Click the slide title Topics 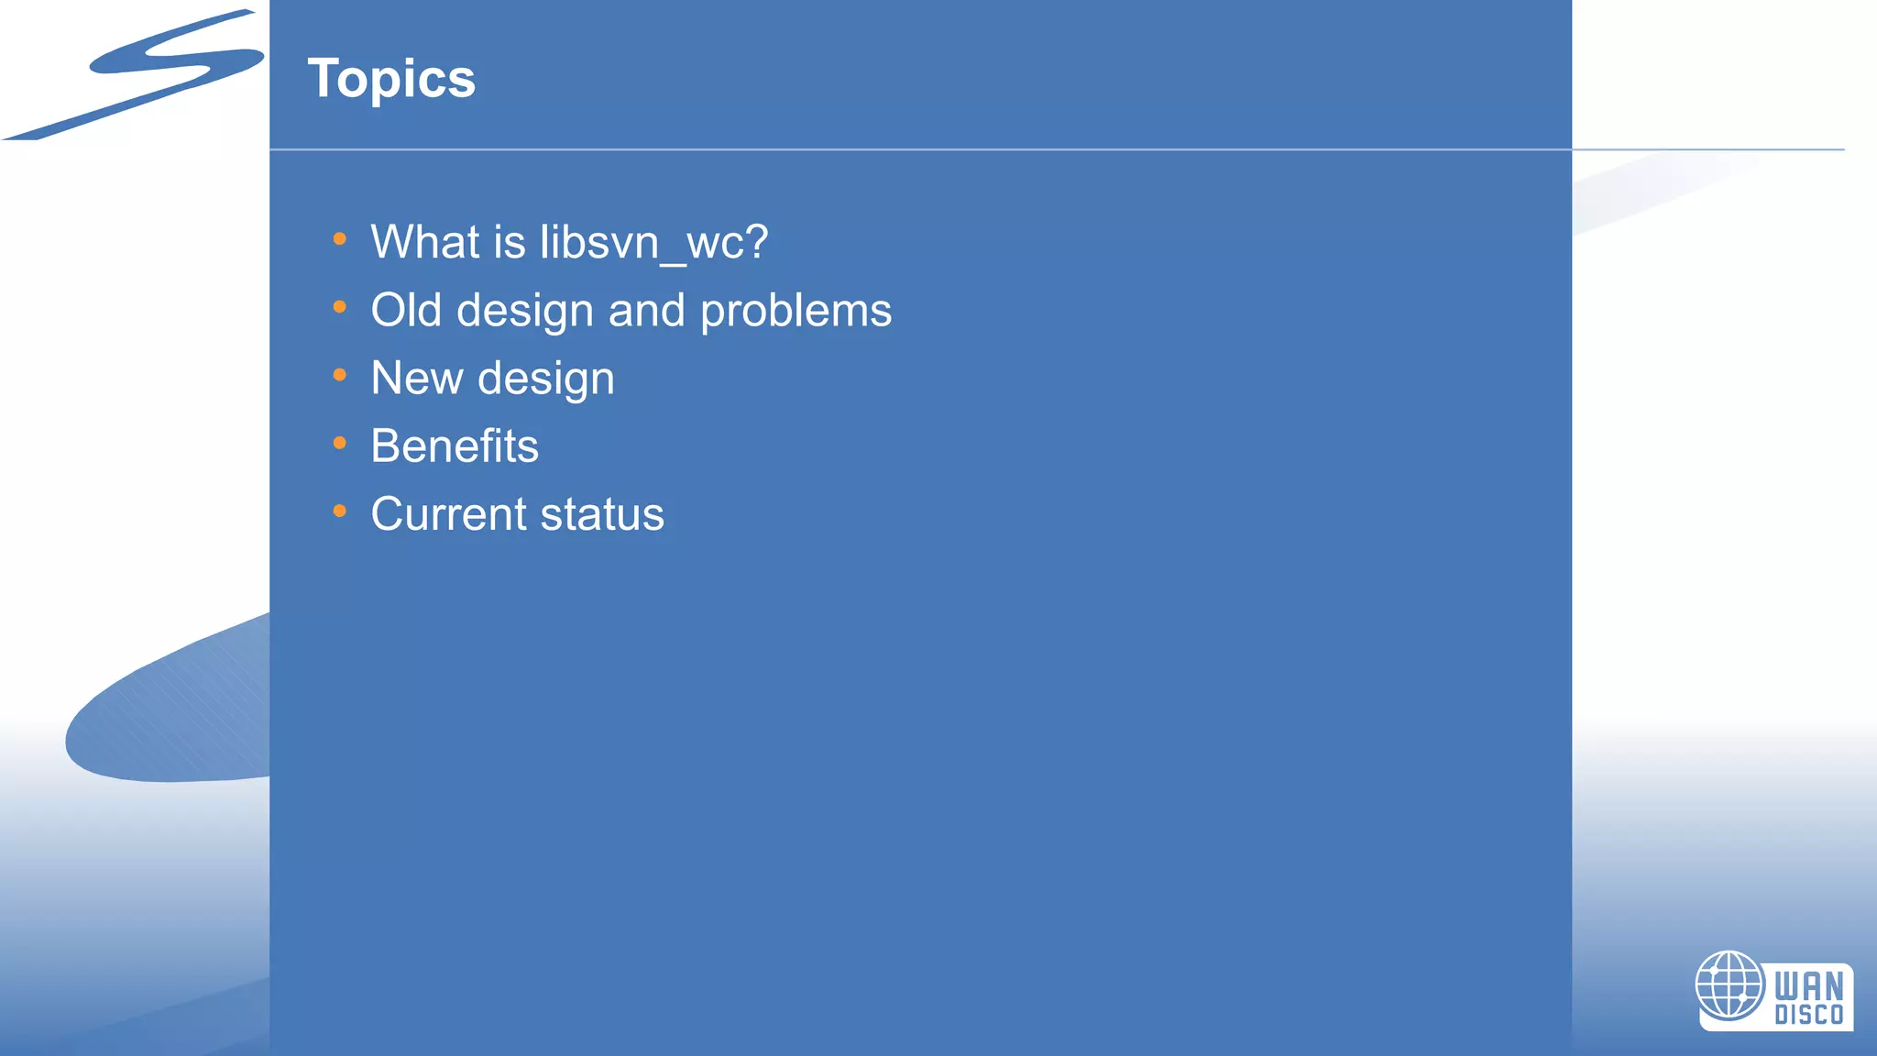click(391, 79)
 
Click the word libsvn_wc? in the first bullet click(653, 243)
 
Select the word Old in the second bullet click(406, 311)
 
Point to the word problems click(796, 312)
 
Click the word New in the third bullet click(416, 379)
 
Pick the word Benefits click(455, 446)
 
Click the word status click(602, 514)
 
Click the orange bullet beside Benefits click(340, 444)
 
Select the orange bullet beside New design click(340, 375)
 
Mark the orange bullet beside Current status click(340, 511)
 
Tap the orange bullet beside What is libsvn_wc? click(340, 239)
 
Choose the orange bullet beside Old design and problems click(340, 307)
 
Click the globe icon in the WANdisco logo click(1729, 985)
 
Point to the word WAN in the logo click(1808, 986)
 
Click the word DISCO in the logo click(1808, 1015)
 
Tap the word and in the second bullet click(646, 311)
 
